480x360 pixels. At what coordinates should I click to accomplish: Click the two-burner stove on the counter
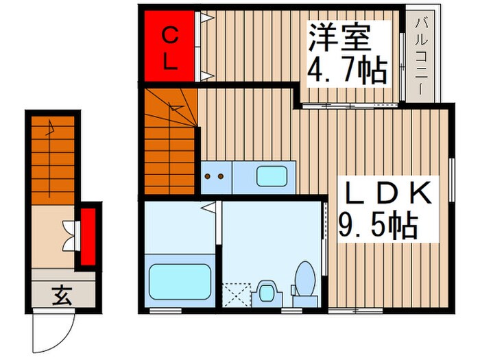click(x=216, y=177)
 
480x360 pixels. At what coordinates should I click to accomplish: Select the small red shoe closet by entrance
click(x=88, y=237)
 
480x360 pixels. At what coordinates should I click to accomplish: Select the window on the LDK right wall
click(x=452, y=180)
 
